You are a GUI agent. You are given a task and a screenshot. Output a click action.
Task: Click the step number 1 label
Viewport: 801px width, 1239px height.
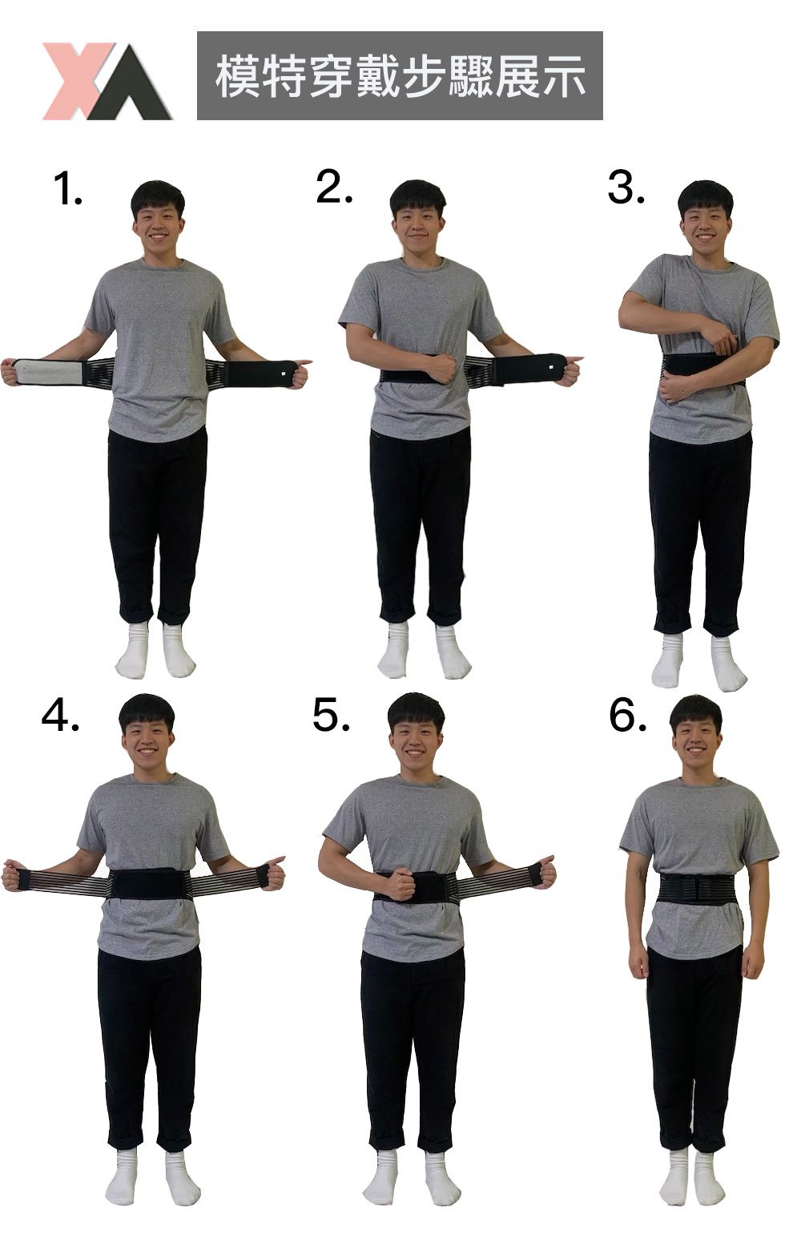pos(68,189)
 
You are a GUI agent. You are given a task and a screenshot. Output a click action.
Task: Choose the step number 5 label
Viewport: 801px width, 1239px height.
pos(331,715)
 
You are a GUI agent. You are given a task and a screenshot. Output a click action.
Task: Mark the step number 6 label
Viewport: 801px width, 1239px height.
pos(627,715)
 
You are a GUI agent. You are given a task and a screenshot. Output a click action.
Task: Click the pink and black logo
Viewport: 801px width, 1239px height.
pos(108,82)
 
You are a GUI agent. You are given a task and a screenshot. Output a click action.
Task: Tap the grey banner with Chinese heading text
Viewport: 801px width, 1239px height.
pos(400,76)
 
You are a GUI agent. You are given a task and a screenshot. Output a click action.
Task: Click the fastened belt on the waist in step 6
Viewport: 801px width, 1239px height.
pos(698,889)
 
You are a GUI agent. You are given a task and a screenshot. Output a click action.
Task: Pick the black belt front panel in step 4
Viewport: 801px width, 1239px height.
pos(148,883)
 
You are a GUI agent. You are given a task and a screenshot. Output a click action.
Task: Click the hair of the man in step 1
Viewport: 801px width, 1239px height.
pos(158,197)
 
